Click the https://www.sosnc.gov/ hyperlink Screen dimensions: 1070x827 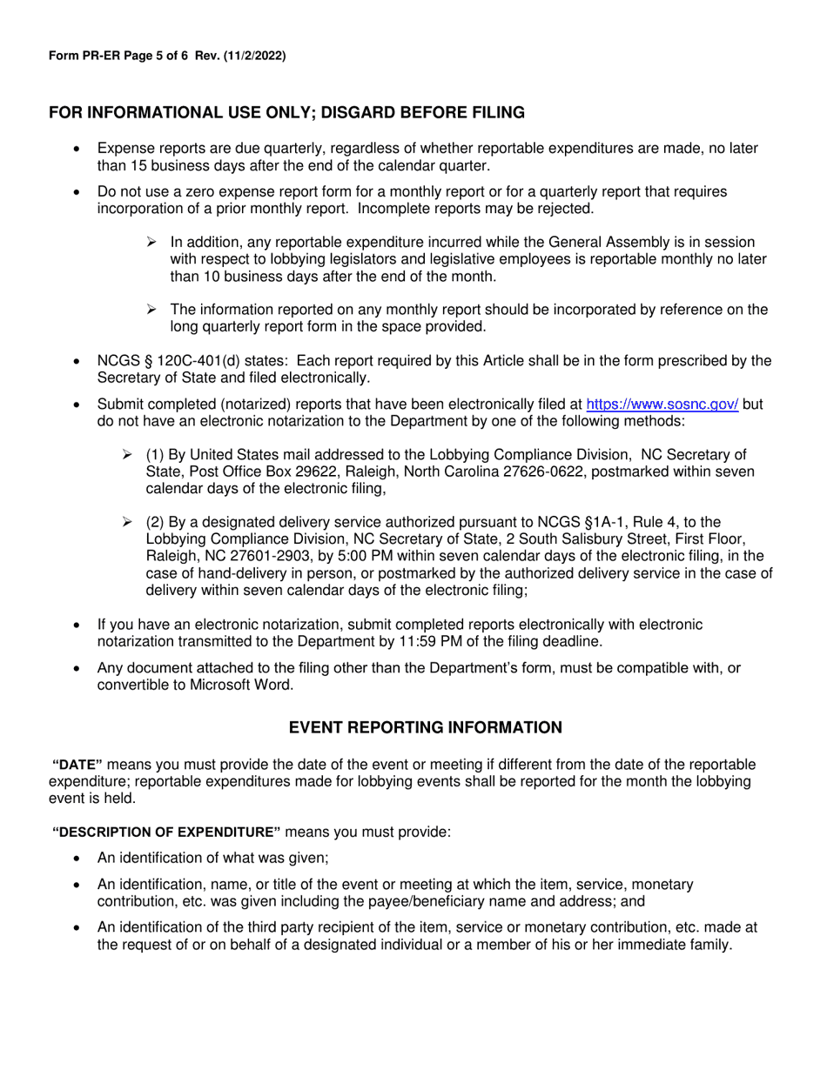pyautogui.click(x=663, y=405)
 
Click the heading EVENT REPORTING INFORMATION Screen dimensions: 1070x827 pyautogui.click(x=426, y=727)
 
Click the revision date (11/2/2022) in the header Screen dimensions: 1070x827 pyautogui.click(x=257, y=56)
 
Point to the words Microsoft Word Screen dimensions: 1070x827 pyautogui.click(x=245, y=685)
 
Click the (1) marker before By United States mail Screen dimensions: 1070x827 pyautogui.click(x=154, y=455)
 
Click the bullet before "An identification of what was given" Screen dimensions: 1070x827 pyautogui.click(x=79, y=859)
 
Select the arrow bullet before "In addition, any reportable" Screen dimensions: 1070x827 pyautogui.click(x=151, y=242)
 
